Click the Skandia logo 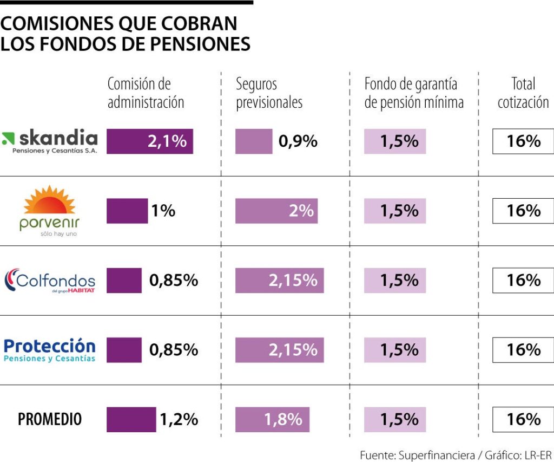[x=50, y=141]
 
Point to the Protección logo [x=50, y=350]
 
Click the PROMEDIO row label [x=50, y=419]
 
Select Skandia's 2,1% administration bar [x=150, y=141]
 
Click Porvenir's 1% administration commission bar [x=127, y=211]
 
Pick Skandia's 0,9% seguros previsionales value [x=298, y=141]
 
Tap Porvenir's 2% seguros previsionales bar [x=276, y=211]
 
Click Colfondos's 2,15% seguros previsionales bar [x=279, y=281]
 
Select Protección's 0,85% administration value [x=174, y=350]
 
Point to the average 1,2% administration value [x=179, y=419]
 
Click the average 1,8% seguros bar [x=272, y=420]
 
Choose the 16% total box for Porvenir [x=523, y=211]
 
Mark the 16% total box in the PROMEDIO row [x=523, y=420]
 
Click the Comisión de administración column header [x=146, y=93]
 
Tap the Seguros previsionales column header [x=269, y=93]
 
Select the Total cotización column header [x=523, y=93]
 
